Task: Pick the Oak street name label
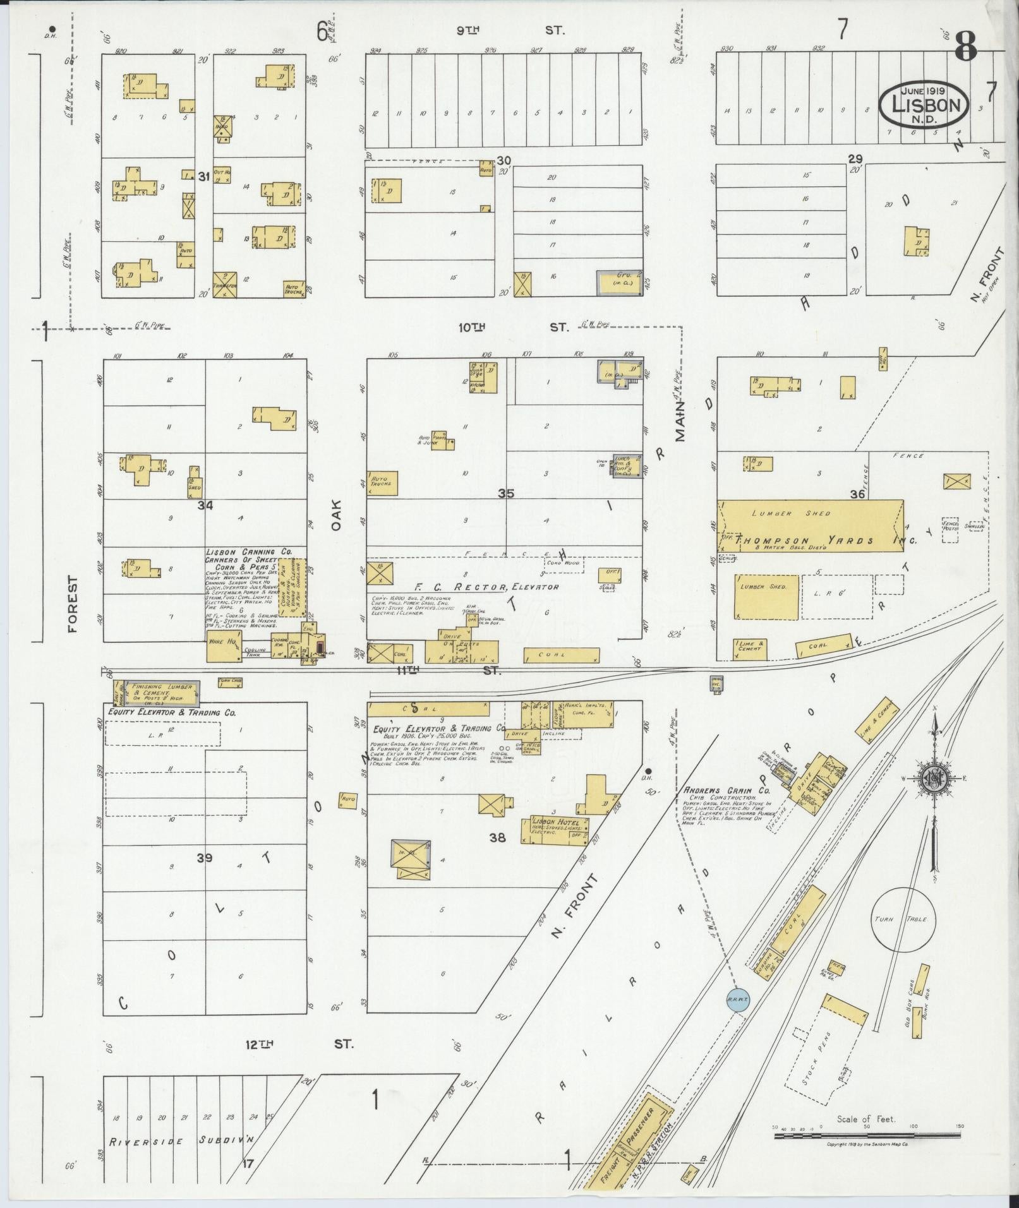click(335, 514)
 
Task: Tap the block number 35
click(505, 493)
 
